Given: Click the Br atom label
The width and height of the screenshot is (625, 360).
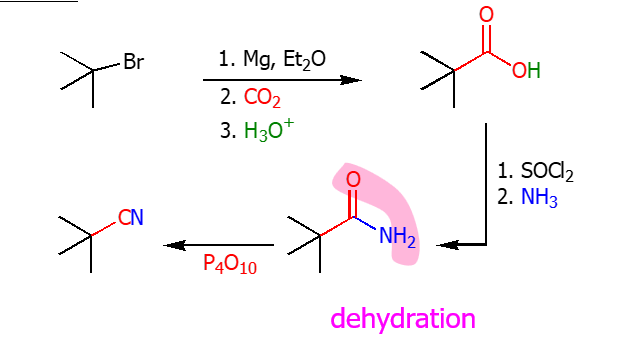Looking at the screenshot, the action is [133, 62].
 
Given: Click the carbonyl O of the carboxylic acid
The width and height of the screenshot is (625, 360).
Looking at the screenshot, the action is [487, 14].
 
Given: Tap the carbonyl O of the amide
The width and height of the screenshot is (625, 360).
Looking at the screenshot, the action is [352, 180].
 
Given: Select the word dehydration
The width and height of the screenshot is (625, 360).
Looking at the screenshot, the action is [402, 319].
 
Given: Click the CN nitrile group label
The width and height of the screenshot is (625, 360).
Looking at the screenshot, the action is [131, 217].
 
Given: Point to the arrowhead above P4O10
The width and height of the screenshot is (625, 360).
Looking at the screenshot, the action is [172, 244].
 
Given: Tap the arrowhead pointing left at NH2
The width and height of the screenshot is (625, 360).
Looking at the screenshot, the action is [447, 243].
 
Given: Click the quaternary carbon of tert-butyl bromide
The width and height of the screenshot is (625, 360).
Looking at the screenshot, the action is [93, 71].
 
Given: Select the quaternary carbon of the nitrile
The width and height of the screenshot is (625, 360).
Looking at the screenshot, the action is [91, 236].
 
